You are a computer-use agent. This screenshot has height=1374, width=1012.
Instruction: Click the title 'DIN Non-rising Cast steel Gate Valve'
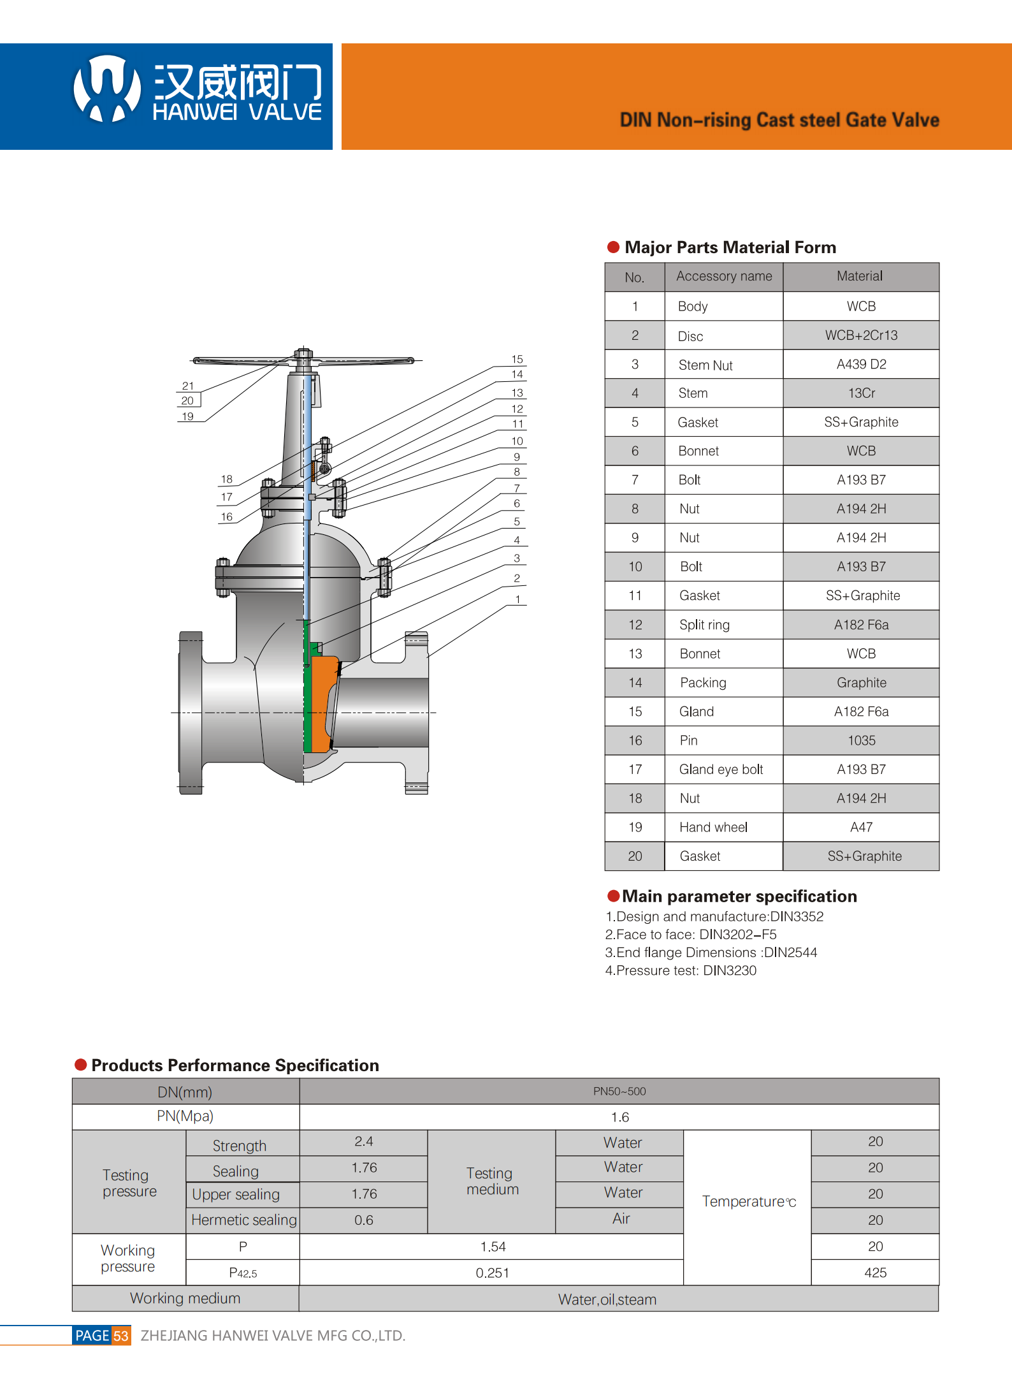point(779,120)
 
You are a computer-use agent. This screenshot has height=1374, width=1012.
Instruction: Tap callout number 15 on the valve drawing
point(517,360)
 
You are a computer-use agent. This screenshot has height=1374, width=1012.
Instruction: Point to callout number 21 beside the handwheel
point(187,386)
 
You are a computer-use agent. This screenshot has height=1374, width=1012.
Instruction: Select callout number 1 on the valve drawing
point(517,599)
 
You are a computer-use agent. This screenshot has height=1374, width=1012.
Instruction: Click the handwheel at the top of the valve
point(303,361)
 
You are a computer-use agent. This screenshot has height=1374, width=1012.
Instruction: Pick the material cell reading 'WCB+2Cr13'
point(860,335)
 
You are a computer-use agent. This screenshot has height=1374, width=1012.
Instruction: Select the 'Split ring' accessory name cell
point(704,625)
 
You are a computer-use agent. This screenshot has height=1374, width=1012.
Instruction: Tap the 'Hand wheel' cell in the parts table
point(713,827)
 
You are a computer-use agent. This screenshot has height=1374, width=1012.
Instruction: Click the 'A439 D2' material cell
point(860,364)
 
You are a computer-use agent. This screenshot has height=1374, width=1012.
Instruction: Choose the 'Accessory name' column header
point(723,277)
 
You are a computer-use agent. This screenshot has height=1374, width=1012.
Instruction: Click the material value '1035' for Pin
point(860,740)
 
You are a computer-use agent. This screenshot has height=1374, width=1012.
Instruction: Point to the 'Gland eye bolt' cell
point(721,770)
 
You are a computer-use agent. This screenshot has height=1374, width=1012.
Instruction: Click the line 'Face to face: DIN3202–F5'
point(690,935)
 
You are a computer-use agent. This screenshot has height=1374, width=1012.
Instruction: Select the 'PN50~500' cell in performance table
point(619,1092)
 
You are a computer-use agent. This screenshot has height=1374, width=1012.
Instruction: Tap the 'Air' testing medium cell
point(620,1219)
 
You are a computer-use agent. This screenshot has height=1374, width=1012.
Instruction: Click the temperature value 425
point(874,1273)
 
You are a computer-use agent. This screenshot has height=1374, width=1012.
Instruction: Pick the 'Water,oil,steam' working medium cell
point(607,1299)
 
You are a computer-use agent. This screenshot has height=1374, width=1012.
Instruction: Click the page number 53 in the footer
point(121,1336)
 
